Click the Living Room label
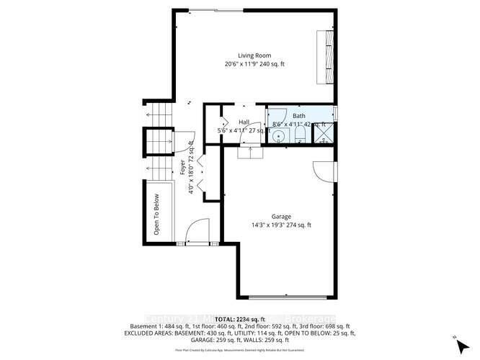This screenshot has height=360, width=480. point(254,55)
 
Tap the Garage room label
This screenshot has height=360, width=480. point(281,215)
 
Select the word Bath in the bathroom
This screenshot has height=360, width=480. point(299,116)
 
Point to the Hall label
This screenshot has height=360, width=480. point(244,122)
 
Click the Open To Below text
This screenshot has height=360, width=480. point(156,215)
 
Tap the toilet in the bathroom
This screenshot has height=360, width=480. point(300,136)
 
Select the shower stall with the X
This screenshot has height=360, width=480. point(324,135)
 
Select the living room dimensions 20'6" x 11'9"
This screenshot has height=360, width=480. point(254,63)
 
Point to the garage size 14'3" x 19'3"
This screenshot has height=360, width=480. point(281,225)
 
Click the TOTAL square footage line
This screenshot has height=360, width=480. point(240,318)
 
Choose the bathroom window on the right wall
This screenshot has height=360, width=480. point(336,114)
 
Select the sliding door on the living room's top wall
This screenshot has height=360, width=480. point(216,10)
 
